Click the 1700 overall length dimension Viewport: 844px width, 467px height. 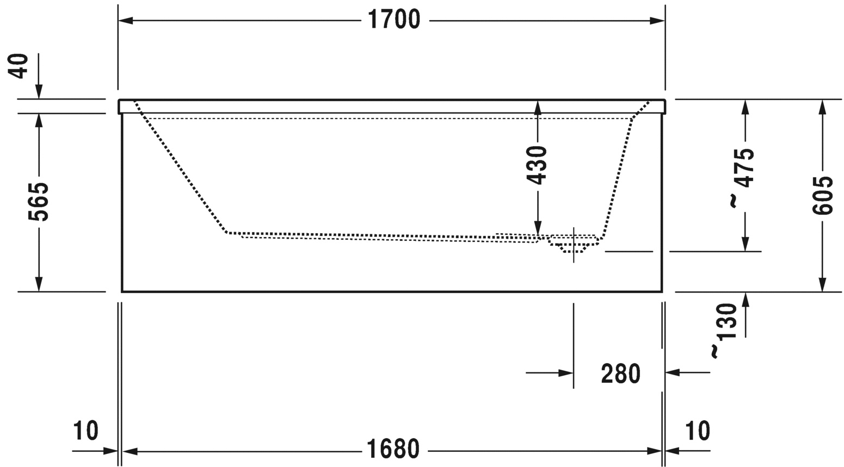394,20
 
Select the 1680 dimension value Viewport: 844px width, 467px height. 393,449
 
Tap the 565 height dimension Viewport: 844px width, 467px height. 39,202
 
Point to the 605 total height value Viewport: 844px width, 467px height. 822,195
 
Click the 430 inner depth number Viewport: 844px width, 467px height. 537,165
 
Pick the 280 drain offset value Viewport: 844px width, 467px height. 620,373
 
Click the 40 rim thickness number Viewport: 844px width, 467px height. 19,66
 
